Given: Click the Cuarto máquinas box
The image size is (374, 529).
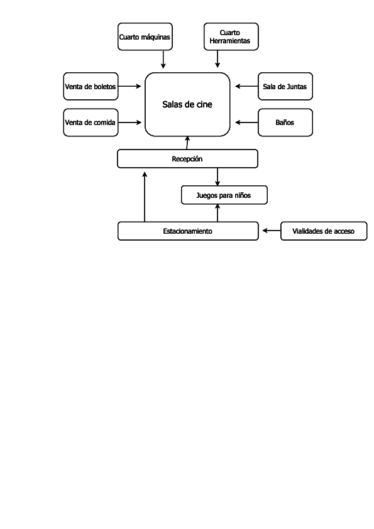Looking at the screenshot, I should (x=145, y=36).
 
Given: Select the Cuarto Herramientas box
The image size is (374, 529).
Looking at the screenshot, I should (x=231, y=36).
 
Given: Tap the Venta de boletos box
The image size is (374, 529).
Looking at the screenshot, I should (x=91, y=87).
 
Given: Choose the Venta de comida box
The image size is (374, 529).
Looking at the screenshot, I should (x=91, y=123).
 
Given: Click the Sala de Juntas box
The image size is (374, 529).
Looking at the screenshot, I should (x=285, y=87).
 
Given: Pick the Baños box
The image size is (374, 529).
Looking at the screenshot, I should (x=285, y=123).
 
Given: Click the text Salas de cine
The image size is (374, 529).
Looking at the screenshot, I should (x=187, y=105).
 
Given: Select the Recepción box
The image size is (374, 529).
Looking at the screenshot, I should (x=187, y=159).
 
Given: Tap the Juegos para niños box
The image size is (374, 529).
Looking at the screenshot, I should (x=224, y=195).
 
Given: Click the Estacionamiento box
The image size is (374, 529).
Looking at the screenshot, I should (x=187, y=231).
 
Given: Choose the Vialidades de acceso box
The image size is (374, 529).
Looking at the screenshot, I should (x=323, y=231).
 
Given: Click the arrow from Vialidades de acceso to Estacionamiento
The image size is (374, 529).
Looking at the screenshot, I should (x=272, y=231).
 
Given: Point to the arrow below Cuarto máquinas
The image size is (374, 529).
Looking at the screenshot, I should (x=163, y=59).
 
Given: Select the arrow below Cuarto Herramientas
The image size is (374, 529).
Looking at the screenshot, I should (x=217, y=59).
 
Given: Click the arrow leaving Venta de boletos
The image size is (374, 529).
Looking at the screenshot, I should (x=129, y=87).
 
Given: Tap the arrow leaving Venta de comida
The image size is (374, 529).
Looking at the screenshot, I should (x=129, y=123).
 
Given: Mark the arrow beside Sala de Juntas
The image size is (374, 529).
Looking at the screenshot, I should (x=246, y=87).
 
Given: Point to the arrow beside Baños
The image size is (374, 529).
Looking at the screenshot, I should (x=246, y=123).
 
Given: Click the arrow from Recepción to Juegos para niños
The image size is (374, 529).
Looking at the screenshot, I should (x=217, y=177).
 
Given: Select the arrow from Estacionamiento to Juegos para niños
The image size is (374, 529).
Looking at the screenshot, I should (x=217, y=213).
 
